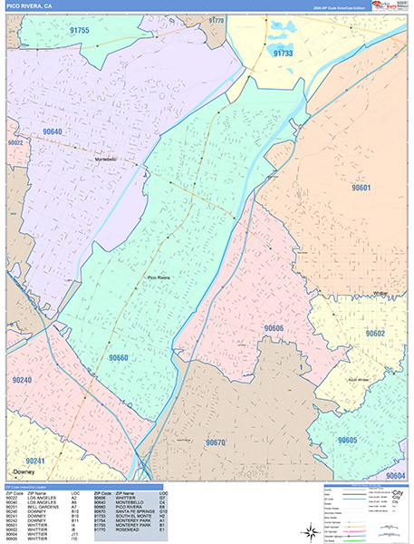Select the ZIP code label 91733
[x=284, y=54]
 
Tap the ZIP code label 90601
[x=361, y=189]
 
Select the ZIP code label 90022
[x=15, y=143]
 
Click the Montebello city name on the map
[x=108, y=160]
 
